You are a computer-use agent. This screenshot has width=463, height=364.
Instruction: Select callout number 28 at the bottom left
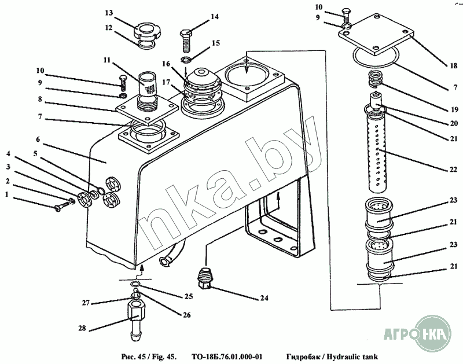tap(82, 329)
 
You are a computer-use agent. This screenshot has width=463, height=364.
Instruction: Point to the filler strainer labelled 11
tap(148, 87)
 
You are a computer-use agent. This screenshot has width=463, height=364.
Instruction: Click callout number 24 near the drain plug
tap(264, 299)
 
